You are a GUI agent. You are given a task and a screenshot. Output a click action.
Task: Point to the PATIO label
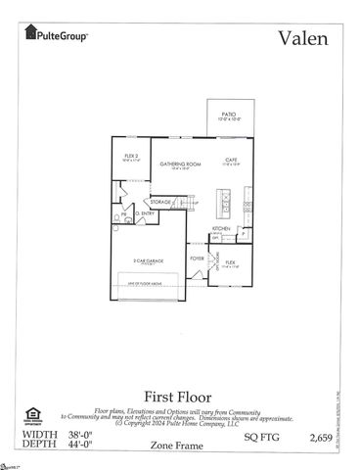click(x=228, y=115)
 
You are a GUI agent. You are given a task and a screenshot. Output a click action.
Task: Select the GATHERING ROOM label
click(x=180, y=164)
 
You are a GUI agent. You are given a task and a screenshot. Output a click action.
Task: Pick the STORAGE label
click(x=161, y=202)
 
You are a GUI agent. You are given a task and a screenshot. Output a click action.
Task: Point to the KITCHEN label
click(x=221, y=229)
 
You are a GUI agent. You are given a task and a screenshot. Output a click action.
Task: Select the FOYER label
click(x=197, y=258)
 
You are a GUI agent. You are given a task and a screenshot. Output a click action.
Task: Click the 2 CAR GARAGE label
click(x=151, y=261)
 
